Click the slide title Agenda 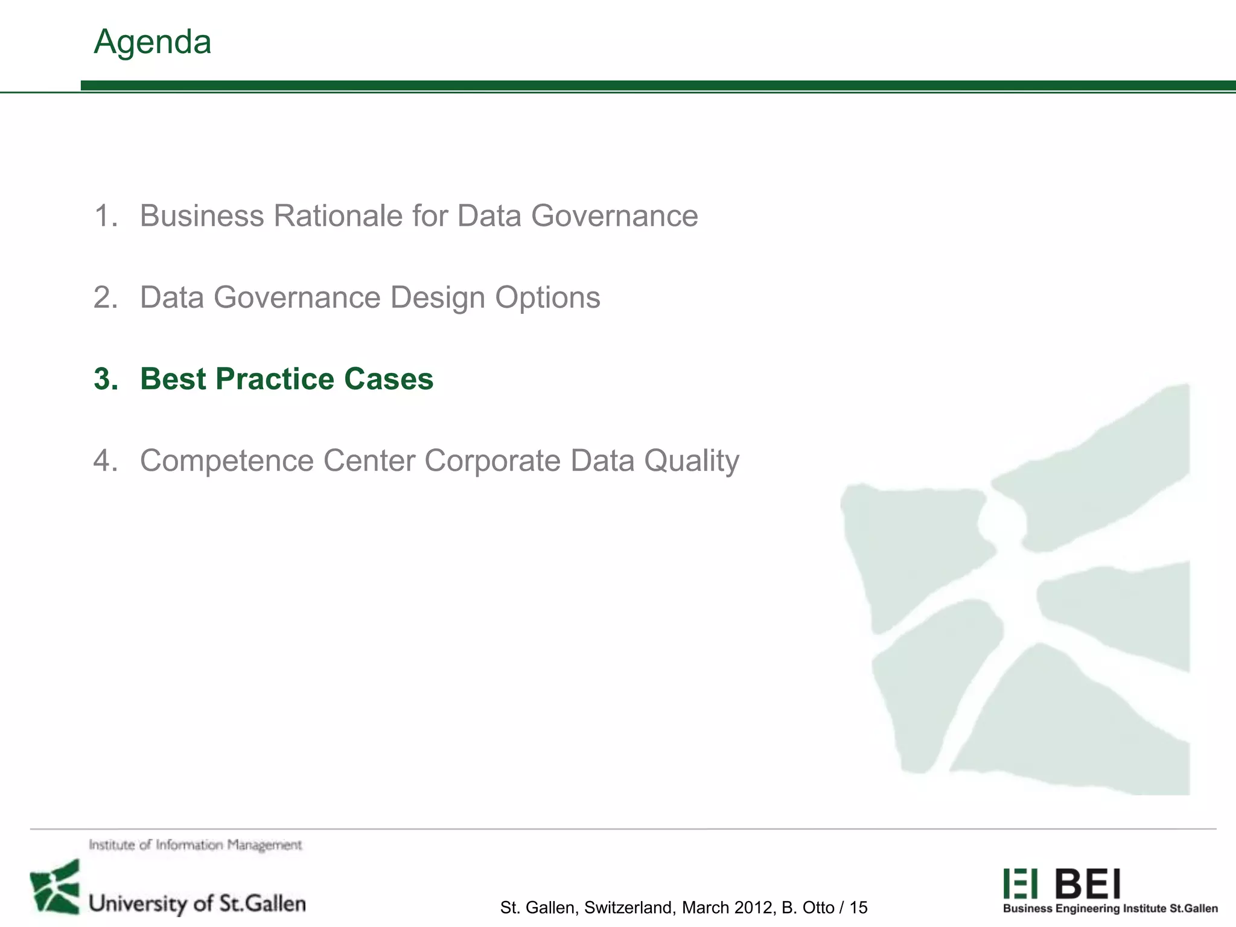[x=152, y=42]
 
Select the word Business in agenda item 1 [x=202, y=216]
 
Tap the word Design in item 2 [x=437, y=298]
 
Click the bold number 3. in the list [x=106, y=379]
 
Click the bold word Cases [x=389, y=379]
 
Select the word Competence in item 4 [x=227, y=460]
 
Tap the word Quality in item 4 [x=691, y=460]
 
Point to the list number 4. [x=106, y=460]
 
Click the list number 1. [x=106, y=216]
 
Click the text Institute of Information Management [x=195, y=845]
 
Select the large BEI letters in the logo [x=1088, y=884]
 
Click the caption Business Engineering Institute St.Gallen [x=1110, y=909]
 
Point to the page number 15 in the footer [x=858, y=908]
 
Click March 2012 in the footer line [x=726, y=908]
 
